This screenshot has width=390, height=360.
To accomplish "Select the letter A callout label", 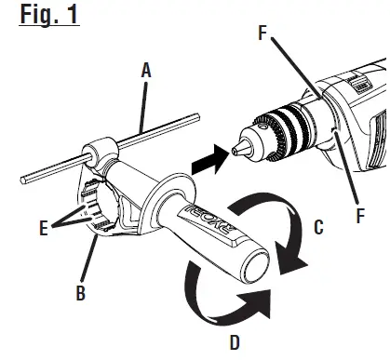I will [145, 70].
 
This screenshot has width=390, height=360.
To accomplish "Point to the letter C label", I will [318, 227].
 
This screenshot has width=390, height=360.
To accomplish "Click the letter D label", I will [234, 343].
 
